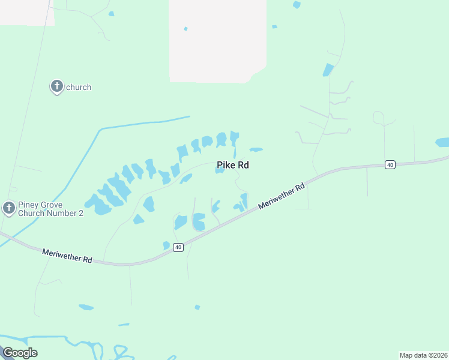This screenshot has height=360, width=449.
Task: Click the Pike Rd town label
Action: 232,165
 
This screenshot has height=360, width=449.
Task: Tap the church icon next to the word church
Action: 56,87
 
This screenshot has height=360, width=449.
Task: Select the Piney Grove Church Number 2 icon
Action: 8,208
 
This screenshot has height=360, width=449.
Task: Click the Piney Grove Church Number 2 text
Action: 50,208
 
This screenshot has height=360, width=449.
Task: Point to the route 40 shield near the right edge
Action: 390,164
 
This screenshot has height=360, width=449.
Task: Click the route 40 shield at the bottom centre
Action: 178,247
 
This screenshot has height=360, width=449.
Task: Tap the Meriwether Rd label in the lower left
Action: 67,256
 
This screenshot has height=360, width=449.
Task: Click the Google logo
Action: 20,352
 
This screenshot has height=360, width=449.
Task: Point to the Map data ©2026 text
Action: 423,355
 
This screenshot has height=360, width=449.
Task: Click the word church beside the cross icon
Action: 79,87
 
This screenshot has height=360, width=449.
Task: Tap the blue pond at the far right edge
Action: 442,142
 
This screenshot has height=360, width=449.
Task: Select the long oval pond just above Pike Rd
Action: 256,149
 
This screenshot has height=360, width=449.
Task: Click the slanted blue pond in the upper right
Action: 328,70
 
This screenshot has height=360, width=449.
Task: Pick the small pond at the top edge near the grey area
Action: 297,5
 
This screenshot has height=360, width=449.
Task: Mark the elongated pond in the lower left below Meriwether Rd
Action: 86,307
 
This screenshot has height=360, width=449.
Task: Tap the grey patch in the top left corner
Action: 27,12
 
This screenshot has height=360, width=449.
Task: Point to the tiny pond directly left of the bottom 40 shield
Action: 166,245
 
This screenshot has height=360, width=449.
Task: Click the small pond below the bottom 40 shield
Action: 197,307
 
